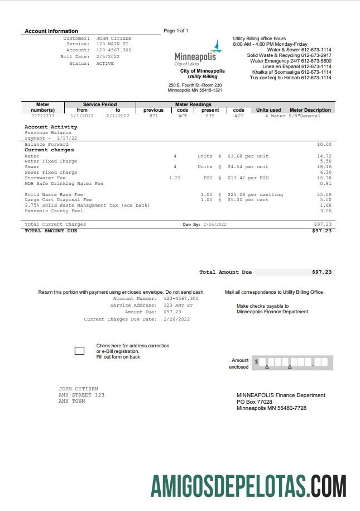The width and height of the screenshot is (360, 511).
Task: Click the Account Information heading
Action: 51,31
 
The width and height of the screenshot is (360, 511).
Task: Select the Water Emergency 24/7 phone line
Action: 290,61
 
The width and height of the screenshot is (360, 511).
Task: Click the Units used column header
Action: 268,110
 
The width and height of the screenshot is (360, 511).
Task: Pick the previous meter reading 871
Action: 153,116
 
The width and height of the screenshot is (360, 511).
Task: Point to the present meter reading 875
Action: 210,116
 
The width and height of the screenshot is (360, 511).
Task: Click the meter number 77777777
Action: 42,116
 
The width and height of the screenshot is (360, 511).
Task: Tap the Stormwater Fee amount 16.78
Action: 324,178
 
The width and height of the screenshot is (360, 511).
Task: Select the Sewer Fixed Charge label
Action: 51,173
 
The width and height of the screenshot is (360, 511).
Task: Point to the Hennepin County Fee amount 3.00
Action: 326,211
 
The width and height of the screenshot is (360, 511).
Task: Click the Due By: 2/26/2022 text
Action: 204,225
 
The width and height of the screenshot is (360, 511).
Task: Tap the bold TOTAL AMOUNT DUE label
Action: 51,231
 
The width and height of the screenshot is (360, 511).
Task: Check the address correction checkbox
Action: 79,351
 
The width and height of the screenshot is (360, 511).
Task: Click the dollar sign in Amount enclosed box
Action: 257,362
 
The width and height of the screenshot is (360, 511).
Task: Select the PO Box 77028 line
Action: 255,402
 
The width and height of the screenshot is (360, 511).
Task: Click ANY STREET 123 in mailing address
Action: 81,395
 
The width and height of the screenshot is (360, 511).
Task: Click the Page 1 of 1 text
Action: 176,31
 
